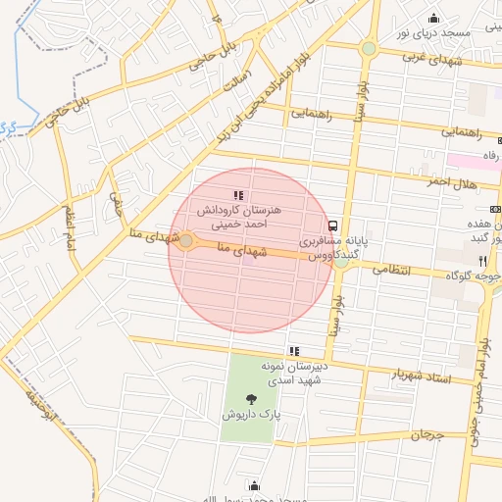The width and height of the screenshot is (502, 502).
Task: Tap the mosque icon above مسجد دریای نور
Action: click(433, 18)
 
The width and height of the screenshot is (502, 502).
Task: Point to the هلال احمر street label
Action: click(451, 182)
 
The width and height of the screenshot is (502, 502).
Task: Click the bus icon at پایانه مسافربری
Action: click(332, 225)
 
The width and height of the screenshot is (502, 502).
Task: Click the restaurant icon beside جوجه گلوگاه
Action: click(482, 261)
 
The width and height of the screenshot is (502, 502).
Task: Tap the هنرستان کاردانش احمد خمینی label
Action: click(239, 217)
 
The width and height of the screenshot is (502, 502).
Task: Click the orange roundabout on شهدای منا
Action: click(185, 240)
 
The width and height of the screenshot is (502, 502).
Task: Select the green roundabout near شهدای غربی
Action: click(369, 47)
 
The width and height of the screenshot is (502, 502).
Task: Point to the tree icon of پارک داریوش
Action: click(253, 399)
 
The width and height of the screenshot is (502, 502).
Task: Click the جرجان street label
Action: click(427, 432)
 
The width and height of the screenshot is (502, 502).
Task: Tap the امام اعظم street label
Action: click(70, 227)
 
